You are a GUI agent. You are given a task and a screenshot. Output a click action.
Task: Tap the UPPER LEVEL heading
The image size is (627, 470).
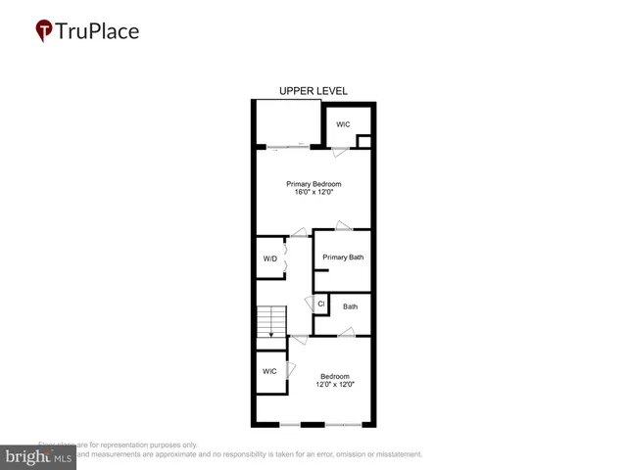pos(313,91)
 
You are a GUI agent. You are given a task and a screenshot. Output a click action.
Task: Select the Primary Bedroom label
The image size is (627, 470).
pos(313,183)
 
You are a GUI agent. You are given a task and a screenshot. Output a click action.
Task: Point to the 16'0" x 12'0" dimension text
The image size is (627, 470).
pos(313,192)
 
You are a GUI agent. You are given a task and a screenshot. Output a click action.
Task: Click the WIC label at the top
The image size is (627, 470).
pos(343,124)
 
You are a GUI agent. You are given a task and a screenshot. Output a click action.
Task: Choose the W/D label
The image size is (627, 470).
pos(270,258)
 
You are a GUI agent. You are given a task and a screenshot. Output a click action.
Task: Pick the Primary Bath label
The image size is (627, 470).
pos(343,258)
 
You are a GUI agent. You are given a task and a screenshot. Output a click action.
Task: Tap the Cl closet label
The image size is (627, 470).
pos(320,305)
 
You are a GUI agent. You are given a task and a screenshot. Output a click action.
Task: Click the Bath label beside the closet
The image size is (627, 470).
pos(350,306)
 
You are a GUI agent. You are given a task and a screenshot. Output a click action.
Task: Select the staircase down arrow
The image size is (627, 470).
pos(271,333)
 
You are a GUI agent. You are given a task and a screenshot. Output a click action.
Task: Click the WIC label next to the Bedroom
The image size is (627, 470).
pos(269,371)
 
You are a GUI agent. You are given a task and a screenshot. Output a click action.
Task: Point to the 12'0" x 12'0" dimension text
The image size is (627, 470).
pos(335,384)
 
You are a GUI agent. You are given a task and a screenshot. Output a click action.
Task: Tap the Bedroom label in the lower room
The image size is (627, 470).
pos(335,375)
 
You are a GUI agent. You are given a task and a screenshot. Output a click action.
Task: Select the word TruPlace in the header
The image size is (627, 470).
pos(99,30)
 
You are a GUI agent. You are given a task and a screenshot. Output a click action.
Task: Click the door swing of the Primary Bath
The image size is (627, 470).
pos(343,226)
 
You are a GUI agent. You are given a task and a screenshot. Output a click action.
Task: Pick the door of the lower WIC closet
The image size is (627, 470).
pos(290,371)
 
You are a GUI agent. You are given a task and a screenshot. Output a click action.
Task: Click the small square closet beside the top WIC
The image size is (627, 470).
pos(363,142)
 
